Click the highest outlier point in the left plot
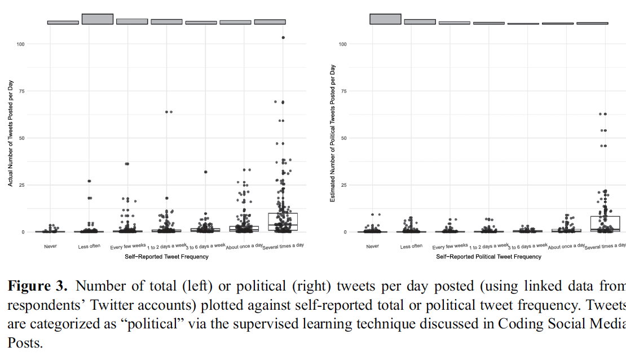pos(283,38)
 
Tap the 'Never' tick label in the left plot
pos(50,247)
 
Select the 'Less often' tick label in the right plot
pos(412,246)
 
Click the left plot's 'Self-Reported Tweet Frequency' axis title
pos(166,257)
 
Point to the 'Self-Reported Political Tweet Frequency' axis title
pos(488,257)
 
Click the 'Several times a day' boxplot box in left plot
pos(283,222)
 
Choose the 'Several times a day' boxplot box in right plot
pos(605,223)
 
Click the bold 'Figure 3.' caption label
pos(37,286)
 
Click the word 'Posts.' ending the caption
pos(25,342)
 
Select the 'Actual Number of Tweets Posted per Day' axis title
pos(10,133)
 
